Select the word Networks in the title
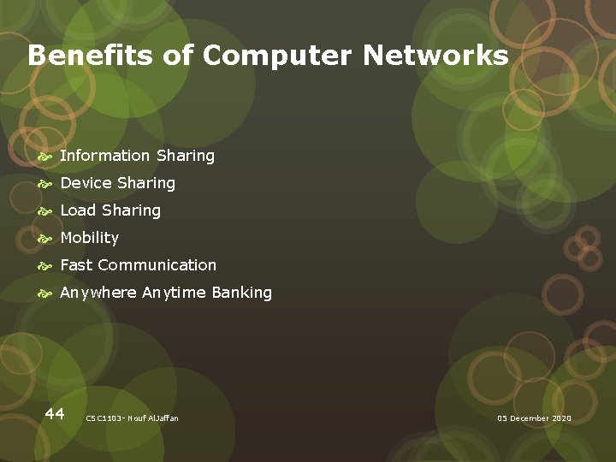coord(435,56)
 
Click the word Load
coord(78,210)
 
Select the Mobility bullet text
coord(89,238)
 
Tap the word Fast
coord(76,265)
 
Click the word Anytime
coord(174,293)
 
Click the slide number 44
coord(55,414)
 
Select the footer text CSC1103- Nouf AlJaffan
coord(133,418)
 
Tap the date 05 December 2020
coord(534,418)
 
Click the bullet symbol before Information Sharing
coord(45,157)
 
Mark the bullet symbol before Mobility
coord(45,240)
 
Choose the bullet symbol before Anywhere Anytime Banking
coord(45,294)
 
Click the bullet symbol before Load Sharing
coord(45,212)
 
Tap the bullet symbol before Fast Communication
coord(45,267)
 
